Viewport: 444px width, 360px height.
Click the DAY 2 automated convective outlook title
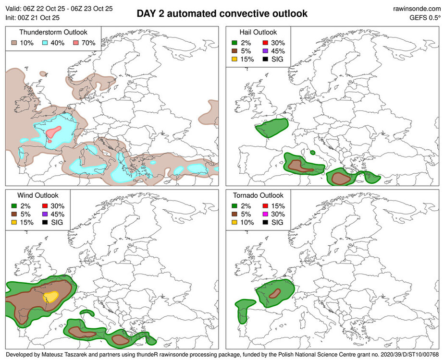tap(222, 13)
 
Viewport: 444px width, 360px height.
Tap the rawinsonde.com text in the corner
tap(417, 9)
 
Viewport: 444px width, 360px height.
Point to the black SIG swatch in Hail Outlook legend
tap(266, 60)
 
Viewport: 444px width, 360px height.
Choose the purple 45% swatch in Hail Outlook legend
tap(266, 50)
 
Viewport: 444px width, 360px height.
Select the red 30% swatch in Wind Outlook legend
tap(45, 205)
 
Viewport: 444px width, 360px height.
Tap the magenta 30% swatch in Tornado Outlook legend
tap(266, 214)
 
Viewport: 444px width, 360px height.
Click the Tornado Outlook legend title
tap(258, 195)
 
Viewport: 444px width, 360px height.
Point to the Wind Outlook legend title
tap(37, 195)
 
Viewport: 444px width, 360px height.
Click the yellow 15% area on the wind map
tap(50, 297)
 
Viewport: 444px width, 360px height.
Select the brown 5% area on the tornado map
tap(275, 292)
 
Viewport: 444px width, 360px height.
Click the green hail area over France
tap(271, 128)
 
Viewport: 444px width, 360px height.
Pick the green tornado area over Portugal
tap(242, 311)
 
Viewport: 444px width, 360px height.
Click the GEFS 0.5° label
tap(425, 18)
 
